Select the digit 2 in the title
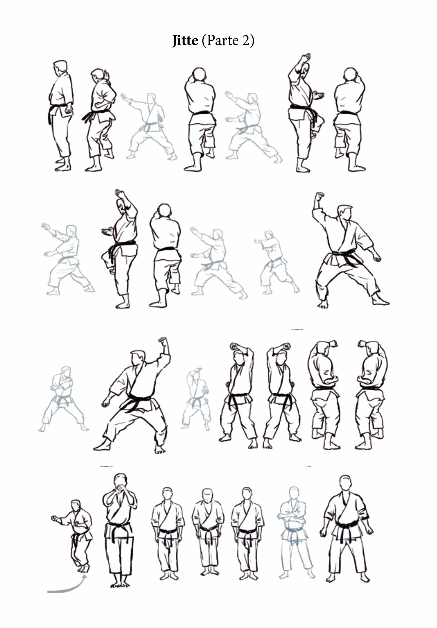(245, 40)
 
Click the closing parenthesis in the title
(252, 41)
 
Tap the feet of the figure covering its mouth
(120, 584)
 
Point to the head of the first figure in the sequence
(60, 67)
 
